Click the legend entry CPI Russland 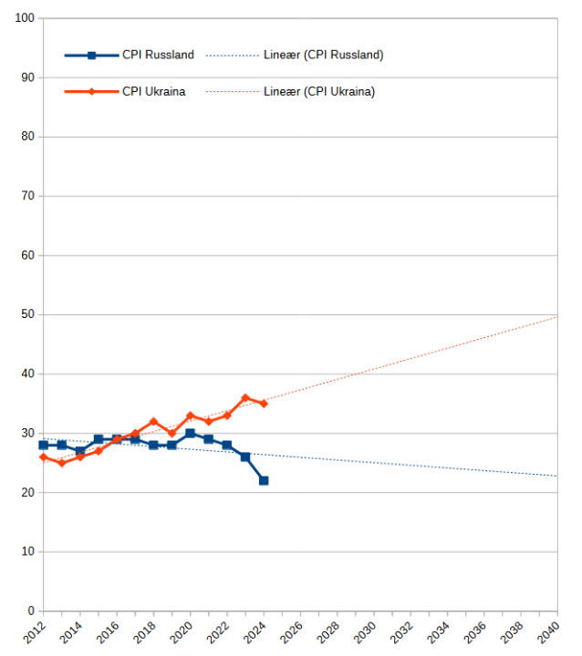(x=158, y=55)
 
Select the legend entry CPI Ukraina (x=154, y=91)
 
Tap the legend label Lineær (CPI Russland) (x=322, y=55)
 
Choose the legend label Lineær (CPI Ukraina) (x=318, y=91)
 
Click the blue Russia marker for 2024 (x=264, y=480)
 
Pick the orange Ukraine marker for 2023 (x=245, y=397)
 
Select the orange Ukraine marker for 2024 (x=264, y=404)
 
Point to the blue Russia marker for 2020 (x=190, y=433)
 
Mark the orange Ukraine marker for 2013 (x=62, y=463)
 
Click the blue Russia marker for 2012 (x=44, y=445)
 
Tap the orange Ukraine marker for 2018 (x=153, y=421)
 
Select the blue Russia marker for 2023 (x=245, y=456)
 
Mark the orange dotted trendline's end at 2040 (x=556, y=317)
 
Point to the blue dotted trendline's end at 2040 (x=556, y=476)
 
